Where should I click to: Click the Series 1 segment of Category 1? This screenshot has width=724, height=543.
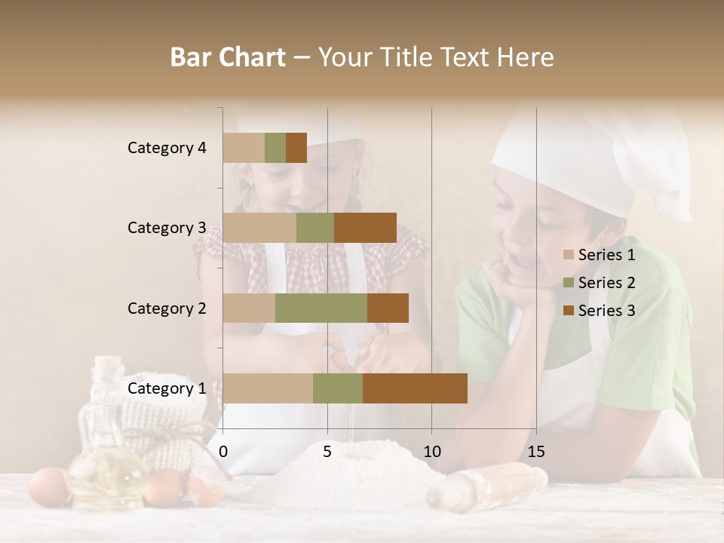[268, 388]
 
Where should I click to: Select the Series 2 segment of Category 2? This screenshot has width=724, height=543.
[321, 308]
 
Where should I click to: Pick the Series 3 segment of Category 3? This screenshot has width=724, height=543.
[365, 228]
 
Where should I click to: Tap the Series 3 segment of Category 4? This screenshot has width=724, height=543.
[296, 148]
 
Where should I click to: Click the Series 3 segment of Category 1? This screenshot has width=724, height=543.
[415, 388]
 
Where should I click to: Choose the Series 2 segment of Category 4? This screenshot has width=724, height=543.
[275, 148]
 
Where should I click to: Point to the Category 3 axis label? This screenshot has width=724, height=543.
[167, 228]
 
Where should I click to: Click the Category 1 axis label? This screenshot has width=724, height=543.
[167, 388]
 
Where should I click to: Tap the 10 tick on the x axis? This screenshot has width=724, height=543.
[431, 452]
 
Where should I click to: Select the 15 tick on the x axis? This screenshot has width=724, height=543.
[536, 452]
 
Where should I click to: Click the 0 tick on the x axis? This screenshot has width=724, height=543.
[223, 452]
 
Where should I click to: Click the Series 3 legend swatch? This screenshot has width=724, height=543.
[569, 311]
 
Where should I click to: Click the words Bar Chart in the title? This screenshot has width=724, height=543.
[228, 57]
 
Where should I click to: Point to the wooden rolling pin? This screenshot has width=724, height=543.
[486, 486]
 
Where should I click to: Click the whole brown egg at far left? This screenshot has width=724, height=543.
[48, 486]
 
